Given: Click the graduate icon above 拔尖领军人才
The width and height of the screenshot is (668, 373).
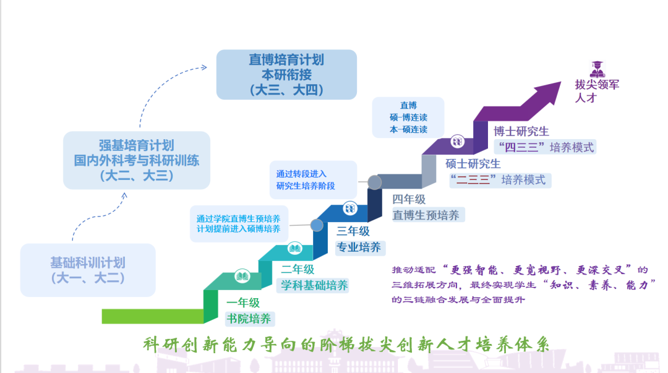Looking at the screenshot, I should point(597,68).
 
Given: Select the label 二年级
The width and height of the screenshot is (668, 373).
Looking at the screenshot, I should point(298,269).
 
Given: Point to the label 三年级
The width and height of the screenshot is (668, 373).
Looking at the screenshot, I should point(353,231).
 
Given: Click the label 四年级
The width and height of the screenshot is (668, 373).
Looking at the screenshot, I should point(409,199).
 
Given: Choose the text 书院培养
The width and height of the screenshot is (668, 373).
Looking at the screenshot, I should point(249,319).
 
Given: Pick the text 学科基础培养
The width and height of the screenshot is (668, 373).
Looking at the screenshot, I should point(314,286).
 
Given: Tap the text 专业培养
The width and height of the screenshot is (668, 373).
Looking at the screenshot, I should point(358,248).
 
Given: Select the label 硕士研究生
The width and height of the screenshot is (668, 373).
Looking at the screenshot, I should point(473,164).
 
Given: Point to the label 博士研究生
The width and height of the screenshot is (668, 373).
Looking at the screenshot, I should point(521,131).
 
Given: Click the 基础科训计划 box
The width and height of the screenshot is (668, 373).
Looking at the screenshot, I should point(87,270).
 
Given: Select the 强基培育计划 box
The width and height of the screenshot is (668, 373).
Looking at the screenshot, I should point(136,160).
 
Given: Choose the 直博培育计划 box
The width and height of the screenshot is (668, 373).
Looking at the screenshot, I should point(286,75).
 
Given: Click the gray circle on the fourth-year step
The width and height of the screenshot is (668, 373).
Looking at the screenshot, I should point(374,182).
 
